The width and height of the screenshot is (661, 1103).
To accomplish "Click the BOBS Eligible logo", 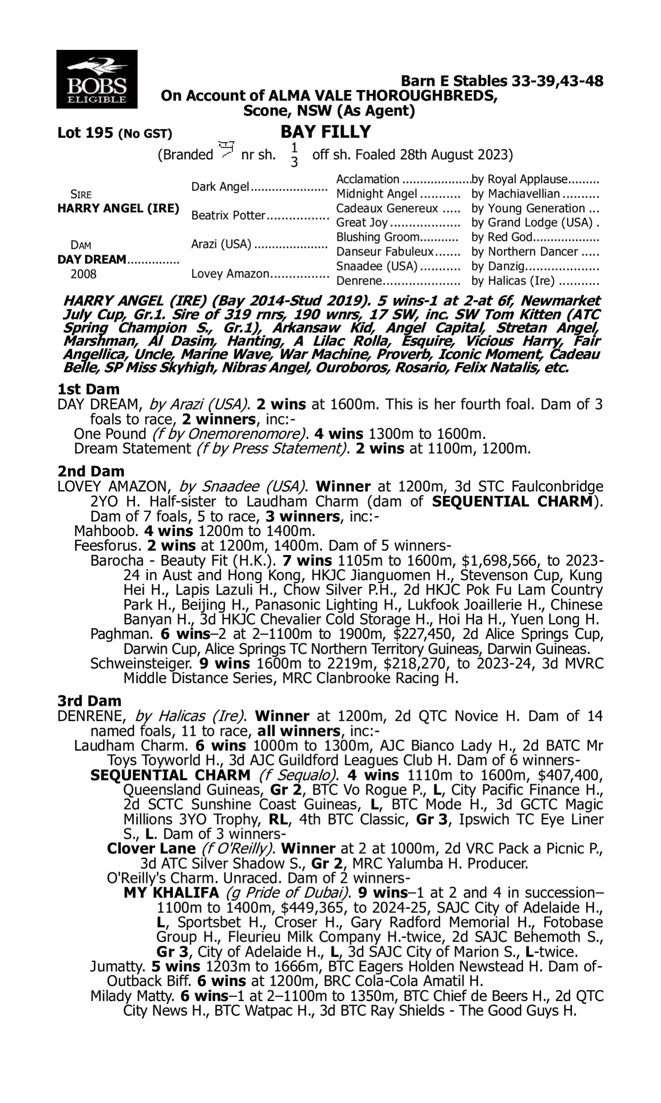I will point(97,79).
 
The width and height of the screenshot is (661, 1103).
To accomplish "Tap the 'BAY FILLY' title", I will point(326,132).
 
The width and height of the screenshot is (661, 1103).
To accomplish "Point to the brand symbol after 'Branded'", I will point(227,150).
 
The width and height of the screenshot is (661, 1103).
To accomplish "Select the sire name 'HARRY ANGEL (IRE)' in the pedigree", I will point(119,209).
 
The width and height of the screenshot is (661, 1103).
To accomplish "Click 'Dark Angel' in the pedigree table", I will point(219,187).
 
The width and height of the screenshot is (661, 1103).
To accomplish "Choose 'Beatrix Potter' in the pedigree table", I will point(228,216).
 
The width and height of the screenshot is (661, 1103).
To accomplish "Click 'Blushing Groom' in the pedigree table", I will point(378,237).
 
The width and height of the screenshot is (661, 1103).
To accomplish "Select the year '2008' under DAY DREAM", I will point(83,274).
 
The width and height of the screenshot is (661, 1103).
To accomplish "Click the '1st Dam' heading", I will point(89,389).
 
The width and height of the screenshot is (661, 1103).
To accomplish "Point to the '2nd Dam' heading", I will point(91,471).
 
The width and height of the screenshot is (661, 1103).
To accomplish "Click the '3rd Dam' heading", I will point(89,702).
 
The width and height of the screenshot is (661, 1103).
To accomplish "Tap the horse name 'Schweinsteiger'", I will point(141,664).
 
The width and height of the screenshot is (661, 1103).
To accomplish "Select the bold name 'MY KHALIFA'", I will point(171,893).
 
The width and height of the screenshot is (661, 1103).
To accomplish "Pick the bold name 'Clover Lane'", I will point(151,849).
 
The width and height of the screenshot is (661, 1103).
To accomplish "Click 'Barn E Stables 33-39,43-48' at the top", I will point(502,81).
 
